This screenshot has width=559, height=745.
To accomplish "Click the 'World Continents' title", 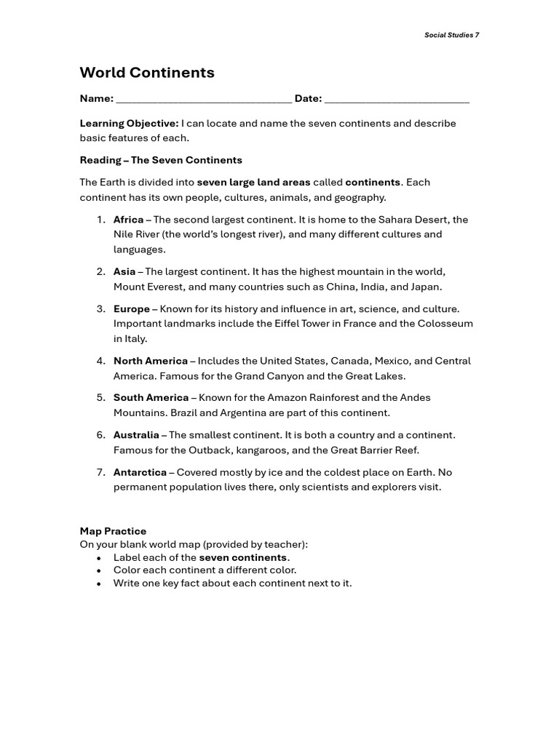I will click(x=147, y=73).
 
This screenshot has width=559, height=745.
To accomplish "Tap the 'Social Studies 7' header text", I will click(x=451, y=35).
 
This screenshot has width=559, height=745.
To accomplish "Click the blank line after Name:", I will click(x=204, y=100).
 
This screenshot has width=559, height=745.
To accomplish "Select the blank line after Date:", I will click(x=397, y=100).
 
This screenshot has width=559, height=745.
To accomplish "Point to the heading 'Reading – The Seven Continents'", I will click(x=161, y=160).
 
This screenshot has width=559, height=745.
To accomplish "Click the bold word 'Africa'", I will click(x=128, y=220).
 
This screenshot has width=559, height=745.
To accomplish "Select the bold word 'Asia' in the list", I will click(x=124, y=272).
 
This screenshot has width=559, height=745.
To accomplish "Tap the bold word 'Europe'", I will click(x=132, y=309).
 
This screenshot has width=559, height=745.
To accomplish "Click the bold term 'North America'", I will click(x=150, y=361).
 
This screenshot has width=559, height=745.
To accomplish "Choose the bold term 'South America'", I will click(x=151, y=398).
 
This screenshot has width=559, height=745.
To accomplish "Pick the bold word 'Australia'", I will click(x=136, y=435).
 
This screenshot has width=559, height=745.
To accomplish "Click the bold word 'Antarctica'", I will click(x=140, y=472).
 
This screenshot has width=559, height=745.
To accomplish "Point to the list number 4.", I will click(x=100, y=361).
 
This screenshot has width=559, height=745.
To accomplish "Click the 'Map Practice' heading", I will click(x=113, y=532).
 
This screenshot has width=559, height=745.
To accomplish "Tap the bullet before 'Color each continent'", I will click(x=98, y=571).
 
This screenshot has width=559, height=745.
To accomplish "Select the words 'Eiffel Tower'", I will click(x=285, y=324).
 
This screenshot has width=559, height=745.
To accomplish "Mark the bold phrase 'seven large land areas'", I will click(x=253, y=183).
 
